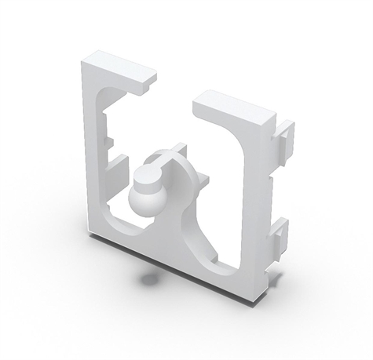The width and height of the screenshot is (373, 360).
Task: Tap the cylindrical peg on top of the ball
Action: (x=146, y=173)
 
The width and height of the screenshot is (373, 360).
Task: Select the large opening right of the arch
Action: (x=224, y=188)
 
